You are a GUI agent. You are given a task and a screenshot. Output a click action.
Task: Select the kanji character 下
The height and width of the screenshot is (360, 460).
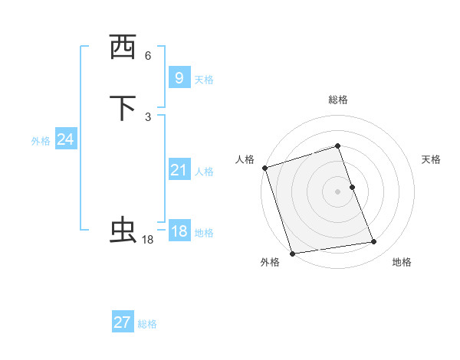123,108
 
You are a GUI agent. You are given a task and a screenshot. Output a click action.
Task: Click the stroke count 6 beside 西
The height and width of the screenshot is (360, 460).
148,56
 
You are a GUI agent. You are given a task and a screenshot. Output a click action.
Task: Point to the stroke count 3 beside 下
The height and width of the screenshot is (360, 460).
148,116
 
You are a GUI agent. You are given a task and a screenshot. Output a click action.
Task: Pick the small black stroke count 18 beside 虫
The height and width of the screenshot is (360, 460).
148,240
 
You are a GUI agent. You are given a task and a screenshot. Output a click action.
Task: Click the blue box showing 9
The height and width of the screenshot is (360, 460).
179,77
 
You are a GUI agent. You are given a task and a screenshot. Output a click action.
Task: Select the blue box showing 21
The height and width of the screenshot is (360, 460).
179,170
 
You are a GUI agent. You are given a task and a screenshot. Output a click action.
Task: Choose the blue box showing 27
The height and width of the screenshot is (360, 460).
122,322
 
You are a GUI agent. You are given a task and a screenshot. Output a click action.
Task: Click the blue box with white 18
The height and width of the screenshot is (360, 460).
179,231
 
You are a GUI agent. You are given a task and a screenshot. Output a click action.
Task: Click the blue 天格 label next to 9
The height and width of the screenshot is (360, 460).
204,79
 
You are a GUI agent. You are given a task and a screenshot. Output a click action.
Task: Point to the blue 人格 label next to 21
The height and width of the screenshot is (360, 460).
204,172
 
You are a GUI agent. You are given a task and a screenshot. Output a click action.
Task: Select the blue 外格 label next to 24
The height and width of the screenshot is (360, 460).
41,141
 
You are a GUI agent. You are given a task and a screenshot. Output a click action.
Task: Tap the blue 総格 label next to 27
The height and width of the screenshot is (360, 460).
147,324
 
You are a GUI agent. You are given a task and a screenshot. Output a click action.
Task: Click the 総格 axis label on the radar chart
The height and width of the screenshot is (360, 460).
338,100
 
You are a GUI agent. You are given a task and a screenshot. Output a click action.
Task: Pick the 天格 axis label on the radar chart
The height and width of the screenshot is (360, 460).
432,159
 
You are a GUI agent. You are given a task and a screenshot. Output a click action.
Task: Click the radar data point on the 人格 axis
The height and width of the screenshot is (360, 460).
264,168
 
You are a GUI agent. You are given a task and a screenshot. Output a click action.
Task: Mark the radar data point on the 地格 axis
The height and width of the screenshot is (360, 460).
374,242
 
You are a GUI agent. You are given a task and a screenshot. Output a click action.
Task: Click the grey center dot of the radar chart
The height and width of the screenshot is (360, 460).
338,191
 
